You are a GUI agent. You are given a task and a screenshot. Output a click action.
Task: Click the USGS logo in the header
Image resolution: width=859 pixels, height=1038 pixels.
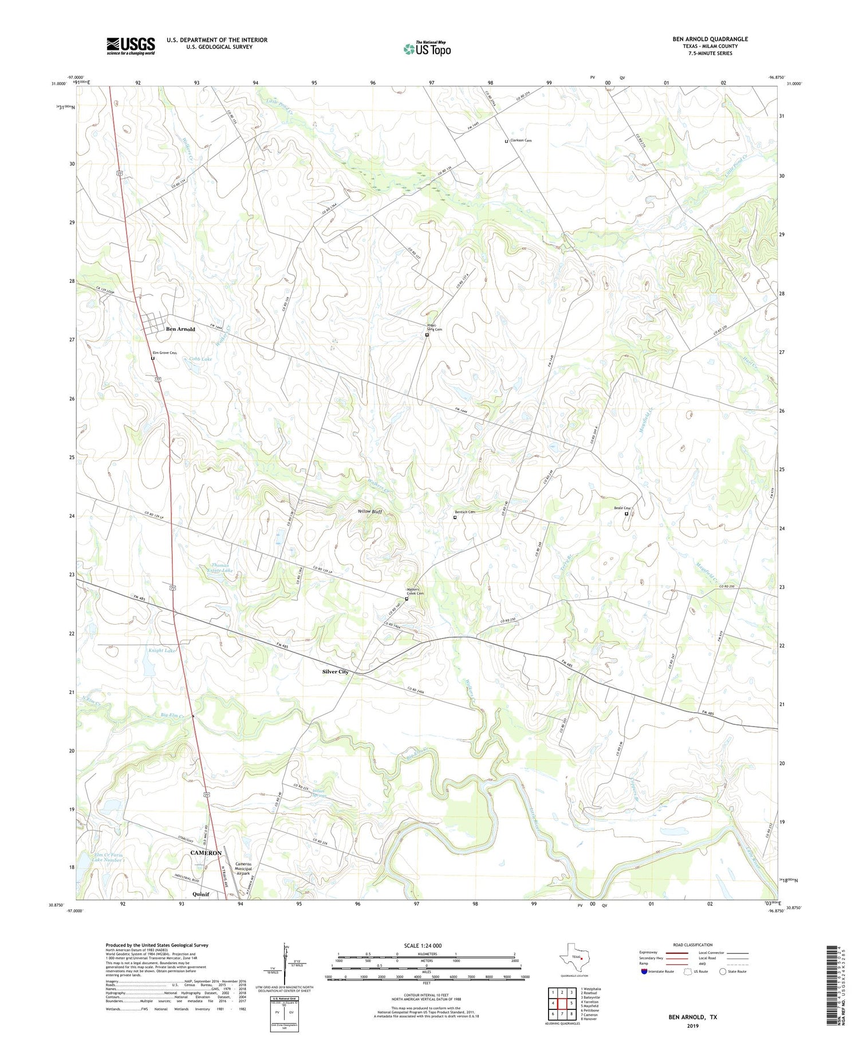131,46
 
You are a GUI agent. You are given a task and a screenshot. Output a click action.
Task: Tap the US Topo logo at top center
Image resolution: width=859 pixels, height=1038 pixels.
427,49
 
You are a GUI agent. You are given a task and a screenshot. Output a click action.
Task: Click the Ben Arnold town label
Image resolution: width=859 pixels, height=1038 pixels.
180,329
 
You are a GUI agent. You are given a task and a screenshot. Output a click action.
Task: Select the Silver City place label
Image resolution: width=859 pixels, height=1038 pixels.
336,672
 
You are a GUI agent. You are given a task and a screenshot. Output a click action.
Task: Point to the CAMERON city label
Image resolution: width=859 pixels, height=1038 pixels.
206,852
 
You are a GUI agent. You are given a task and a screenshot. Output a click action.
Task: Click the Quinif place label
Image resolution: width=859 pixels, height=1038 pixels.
200,894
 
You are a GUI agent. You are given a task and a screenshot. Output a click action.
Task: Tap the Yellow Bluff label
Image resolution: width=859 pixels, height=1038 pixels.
369,511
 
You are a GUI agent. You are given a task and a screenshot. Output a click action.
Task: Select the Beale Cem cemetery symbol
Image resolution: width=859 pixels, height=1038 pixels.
626,514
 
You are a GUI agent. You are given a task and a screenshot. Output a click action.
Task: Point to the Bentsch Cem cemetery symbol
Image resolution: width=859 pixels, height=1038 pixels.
455,518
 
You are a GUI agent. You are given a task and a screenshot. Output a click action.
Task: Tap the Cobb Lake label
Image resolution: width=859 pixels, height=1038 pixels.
200,359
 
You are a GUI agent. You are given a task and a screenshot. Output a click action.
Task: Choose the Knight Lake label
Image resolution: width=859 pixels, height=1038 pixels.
162,650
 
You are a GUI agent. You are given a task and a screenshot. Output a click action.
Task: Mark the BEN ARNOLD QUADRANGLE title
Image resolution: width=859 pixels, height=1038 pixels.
710,39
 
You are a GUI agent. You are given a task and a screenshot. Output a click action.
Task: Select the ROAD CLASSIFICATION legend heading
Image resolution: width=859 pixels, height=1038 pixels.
693,945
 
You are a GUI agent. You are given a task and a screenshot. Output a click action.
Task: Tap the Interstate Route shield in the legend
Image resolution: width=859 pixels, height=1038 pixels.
644,971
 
